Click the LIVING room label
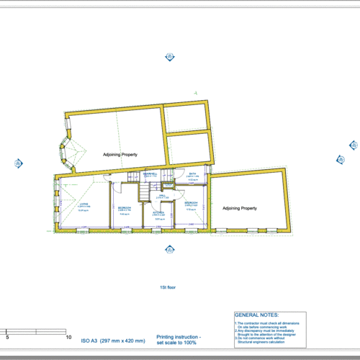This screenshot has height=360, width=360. click(84, 204)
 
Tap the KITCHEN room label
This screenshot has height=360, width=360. click(158, 213)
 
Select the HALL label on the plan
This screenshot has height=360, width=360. click(163, 195)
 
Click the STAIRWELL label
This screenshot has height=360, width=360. click(150, 174)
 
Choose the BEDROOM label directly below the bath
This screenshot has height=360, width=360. click(192, 204)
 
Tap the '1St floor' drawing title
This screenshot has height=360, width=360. click(168, 287)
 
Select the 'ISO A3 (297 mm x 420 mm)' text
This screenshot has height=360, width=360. click(112, 340)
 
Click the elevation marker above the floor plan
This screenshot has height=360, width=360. click(170, 55)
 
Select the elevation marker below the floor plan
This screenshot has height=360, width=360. click(170, 250)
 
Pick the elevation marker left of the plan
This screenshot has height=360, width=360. click(17, 163)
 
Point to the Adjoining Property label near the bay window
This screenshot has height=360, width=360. click(120, 155)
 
